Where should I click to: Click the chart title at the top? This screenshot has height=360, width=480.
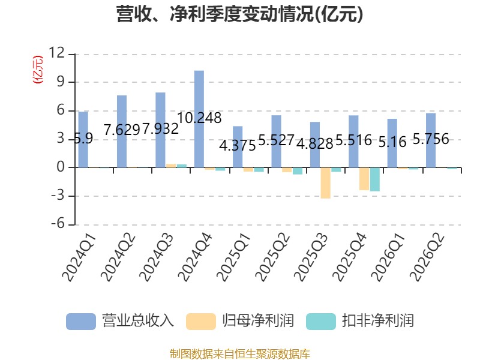[239, 14]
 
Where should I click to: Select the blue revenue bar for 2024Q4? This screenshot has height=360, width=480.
[199, 119]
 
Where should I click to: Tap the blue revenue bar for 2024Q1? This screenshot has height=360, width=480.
[83, 140]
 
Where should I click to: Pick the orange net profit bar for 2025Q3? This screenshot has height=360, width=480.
[325, 183]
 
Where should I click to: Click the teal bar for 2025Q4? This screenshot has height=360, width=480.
[374, 179]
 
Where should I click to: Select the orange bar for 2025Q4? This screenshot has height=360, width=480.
[364, 179]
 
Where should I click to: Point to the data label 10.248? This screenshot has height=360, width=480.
[199, 118]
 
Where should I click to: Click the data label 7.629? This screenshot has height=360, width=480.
[122, 130]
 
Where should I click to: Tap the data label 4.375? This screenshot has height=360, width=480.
[238, 146]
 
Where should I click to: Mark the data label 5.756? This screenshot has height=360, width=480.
[431, 139]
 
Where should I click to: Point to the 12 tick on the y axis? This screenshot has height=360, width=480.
[57, 53]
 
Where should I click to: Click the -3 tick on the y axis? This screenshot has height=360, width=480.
[58, 196]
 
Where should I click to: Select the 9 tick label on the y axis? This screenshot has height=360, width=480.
[61, 82]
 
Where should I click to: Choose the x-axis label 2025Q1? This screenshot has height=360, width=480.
[233, 257]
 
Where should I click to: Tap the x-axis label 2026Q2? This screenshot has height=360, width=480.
[427, 257]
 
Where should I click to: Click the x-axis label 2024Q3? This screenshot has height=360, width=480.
[156, 257]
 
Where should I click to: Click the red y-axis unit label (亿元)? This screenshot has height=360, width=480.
[38, 70]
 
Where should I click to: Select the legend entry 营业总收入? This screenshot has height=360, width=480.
[138, 321]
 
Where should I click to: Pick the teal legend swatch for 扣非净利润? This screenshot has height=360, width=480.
[321, 322]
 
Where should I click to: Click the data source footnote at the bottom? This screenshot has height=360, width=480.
[240, 354]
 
